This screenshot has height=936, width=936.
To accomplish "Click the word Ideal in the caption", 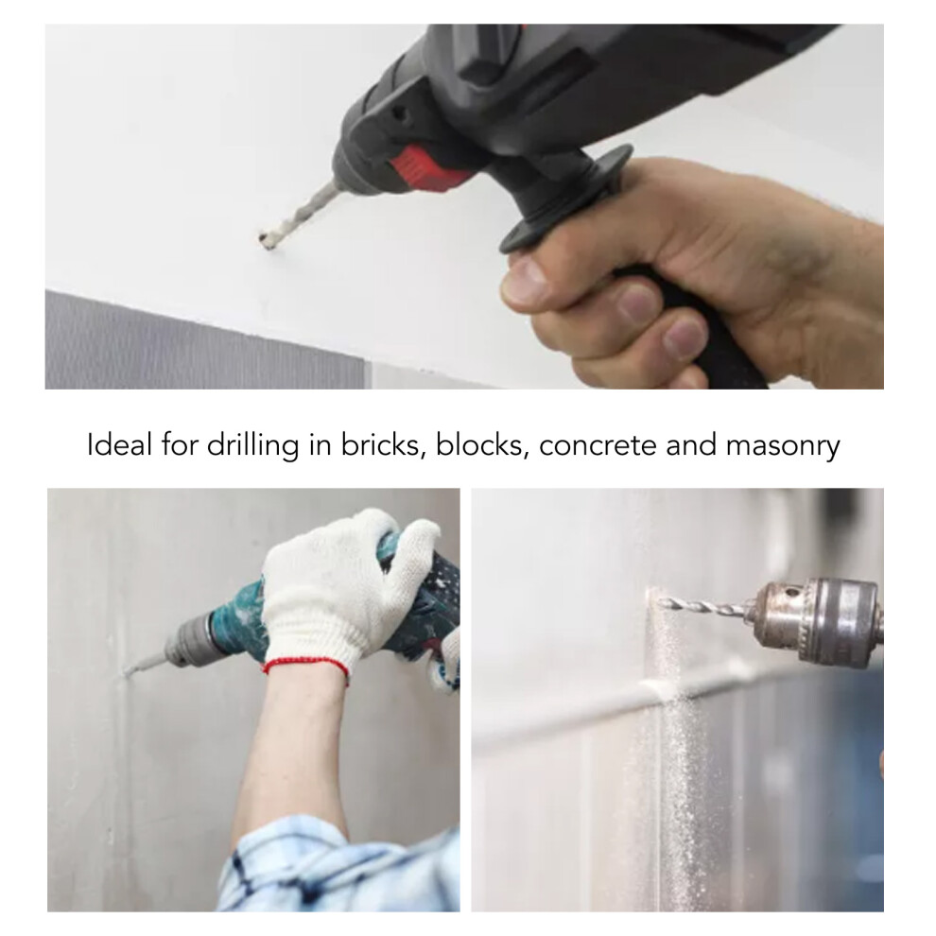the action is coord(118,444).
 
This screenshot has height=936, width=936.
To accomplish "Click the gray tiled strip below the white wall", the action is coord(204,340).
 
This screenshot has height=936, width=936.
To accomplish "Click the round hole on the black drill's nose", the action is coord(397,113).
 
